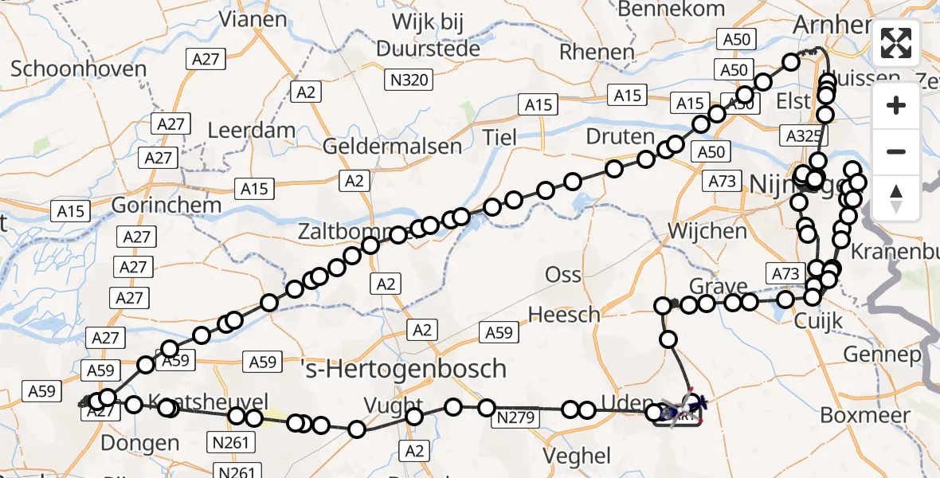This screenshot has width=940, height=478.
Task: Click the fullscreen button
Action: (x=896, y=44)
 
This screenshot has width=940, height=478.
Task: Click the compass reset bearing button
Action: (x=896, y=198)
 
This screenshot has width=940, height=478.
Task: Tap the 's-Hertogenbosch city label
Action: (x=405, y=368)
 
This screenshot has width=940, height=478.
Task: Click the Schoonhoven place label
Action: (x=78, y=69)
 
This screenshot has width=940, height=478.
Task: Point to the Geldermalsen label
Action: (x=392, y=147)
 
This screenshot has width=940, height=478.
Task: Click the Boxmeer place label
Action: (x=864, y=415)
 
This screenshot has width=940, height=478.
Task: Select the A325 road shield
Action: (x=801, y=135)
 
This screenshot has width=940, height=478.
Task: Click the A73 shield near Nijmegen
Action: (x=723, y=182)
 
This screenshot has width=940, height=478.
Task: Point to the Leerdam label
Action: (x=251, y=131)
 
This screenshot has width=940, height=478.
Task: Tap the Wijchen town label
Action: (x=707, y=232)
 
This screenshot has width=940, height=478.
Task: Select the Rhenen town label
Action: (x=597, y=52)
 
